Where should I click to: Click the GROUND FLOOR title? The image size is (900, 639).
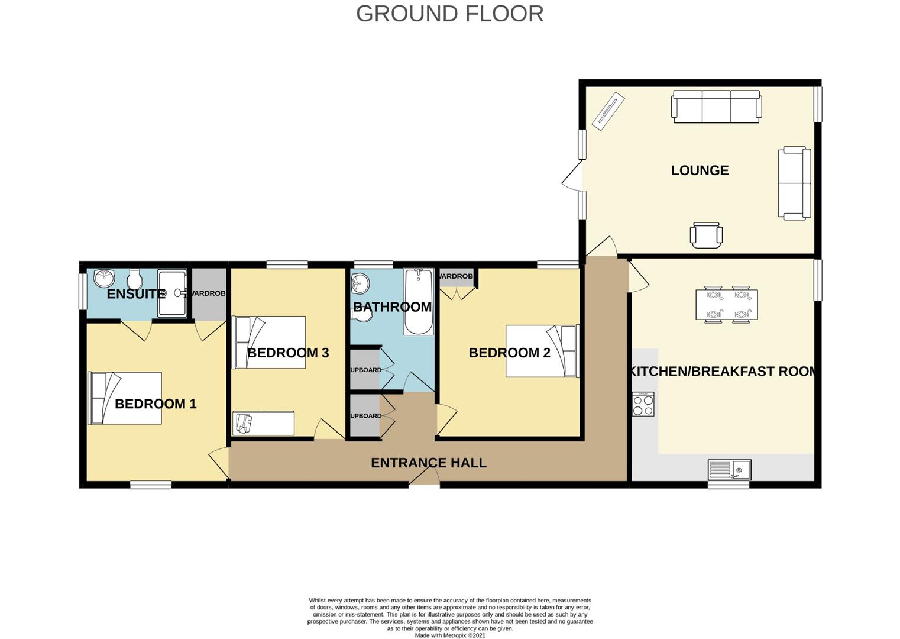click(449, 14)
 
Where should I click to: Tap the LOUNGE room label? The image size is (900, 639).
click(700, 170)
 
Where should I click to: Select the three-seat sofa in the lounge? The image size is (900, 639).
click(716, 106)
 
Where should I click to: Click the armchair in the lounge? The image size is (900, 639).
click(706, 235)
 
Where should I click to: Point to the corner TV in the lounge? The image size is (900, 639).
click(608, 111)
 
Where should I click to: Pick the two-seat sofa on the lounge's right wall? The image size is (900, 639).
click(794, 183)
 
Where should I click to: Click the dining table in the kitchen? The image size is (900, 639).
click(727, 305)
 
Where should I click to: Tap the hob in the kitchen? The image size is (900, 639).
click(643, 404)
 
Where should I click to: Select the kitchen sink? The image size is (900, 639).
click(729, 470)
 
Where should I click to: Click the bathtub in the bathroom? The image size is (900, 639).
click(419, 302)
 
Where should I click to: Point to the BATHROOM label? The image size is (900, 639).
click(392, 306)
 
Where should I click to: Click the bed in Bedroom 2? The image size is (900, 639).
click(542, 351)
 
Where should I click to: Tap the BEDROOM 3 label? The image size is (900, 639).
click(288, 353)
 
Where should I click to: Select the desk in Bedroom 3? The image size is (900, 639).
click(263, 423)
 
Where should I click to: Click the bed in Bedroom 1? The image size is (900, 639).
click(125, 398)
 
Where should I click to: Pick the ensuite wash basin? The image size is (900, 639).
click(104, 277)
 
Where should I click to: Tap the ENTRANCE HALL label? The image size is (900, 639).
click(428, 463)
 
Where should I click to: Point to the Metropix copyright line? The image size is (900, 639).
click(449, 635)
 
